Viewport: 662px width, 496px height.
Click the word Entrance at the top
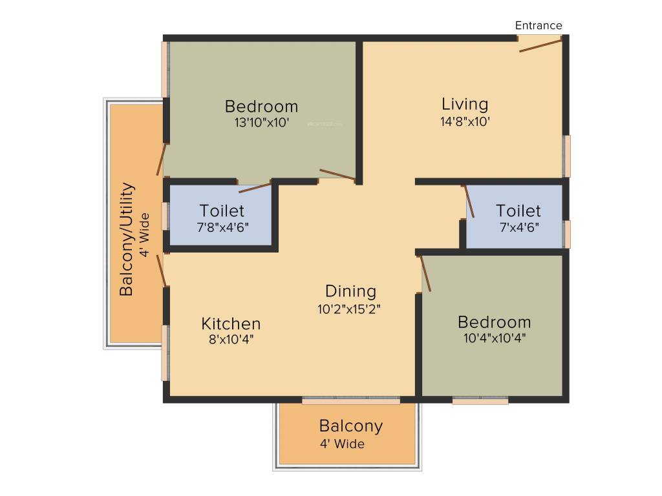[539, 26]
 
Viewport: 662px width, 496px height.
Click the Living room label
[465, 104]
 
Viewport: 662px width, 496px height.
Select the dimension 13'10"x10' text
[261, 123]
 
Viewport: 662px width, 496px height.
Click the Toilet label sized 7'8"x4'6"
[222, 211]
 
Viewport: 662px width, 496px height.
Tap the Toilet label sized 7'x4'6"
[518, 211]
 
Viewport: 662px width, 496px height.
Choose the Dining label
[350, 291]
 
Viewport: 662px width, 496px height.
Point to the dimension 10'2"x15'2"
[349, 309]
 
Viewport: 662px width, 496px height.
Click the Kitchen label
[231, 324]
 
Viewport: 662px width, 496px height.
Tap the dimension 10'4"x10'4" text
[495, 338]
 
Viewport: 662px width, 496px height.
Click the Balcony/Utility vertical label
[127, 239]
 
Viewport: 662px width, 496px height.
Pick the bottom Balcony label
[350, 426]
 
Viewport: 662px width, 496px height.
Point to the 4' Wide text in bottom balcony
[342, 444]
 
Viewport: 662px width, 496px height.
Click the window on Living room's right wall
[567, 156]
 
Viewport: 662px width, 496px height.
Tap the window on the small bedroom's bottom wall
[480, 400]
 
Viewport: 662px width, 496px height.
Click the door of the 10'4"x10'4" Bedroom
[426, 273]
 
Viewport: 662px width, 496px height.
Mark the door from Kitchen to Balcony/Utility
[162, 270]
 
